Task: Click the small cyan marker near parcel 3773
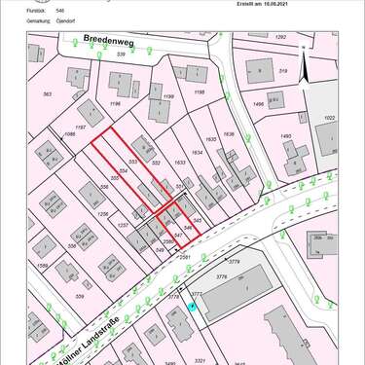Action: tap(192, 308)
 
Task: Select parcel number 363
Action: tap(47, 94)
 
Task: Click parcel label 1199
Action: tap(167, 96)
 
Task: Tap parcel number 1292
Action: tap(281, 36)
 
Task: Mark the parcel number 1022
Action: tap(329, 118)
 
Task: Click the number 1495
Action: tap(286, 136)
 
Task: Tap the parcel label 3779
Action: tap(233, 261)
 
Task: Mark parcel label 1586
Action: tap(42, 265)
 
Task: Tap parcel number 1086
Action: tap(69, 133)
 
